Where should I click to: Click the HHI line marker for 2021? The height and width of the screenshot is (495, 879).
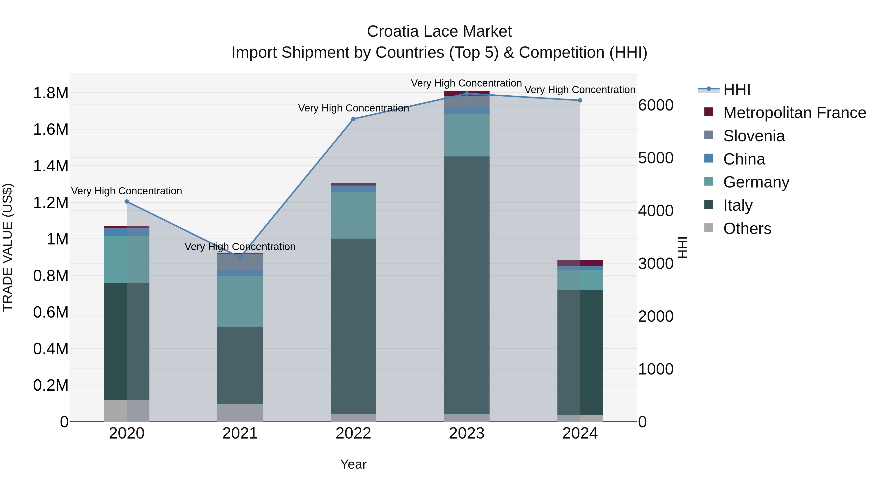240,257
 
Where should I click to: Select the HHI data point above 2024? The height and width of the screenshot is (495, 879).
580,100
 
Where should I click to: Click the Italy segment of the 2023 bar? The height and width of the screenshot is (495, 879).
466,285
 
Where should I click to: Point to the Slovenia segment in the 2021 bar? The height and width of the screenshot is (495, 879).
240,262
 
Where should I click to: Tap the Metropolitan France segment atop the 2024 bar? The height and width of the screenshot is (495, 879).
580,263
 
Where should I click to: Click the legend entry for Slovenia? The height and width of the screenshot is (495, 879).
754,136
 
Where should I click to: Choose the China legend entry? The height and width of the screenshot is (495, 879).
744,159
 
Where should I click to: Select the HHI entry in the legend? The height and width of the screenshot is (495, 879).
736,89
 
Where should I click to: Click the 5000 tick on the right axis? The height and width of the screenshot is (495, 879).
656,158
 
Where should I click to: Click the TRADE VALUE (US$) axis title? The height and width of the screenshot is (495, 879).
8,248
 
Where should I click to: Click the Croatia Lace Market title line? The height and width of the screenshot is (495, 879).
439,32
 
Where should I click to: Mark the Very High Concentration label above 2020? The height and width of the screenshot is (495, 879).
126,191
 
